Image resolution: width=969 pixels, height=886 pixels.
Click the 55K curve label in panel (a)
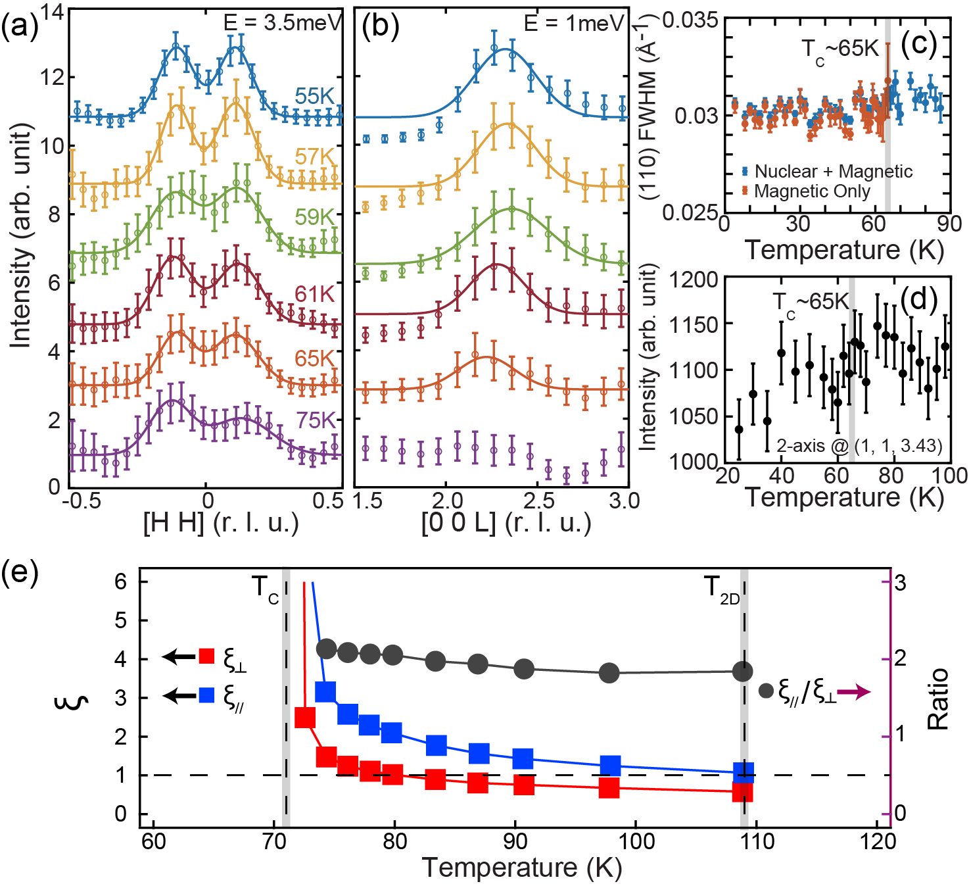click(x=315, y=96)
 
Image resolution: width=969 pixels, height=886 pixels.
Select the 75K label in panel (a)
click(x=316, y=420)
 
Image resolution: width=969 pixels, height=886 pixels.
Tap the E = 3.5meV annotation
click(x=283, y=23)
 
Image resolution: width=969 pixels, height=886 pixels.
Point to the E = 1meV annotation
click(x=573, y=24)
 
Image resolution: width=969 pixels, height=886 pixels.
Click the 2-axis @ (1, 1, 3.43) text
click(x=859, y=446)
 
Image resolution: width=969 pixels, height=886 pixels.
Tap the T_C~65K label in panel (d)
click(x=811, y=303)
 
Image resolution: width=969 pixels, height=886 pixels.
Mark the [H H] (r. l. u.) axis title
click(x=221, y=523)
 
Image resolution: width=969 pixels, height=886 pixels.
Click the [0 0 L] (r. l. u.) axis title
click(x=506, y=523)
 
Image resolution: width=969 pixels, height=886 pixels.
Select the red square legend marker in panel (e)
click(x=207, y=656)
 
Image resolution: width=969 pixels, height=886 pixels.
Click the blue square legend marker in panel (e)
click(x=207, y=695)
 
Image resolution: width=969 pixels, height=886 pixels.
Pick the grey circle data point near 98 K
click(x=610, y=673)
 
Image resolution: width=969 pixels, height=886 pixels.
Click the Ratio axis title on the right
click(x=938, y=699)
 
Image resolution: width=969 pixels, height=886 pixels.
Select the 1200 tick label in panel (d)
click(x=693, y=280)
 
